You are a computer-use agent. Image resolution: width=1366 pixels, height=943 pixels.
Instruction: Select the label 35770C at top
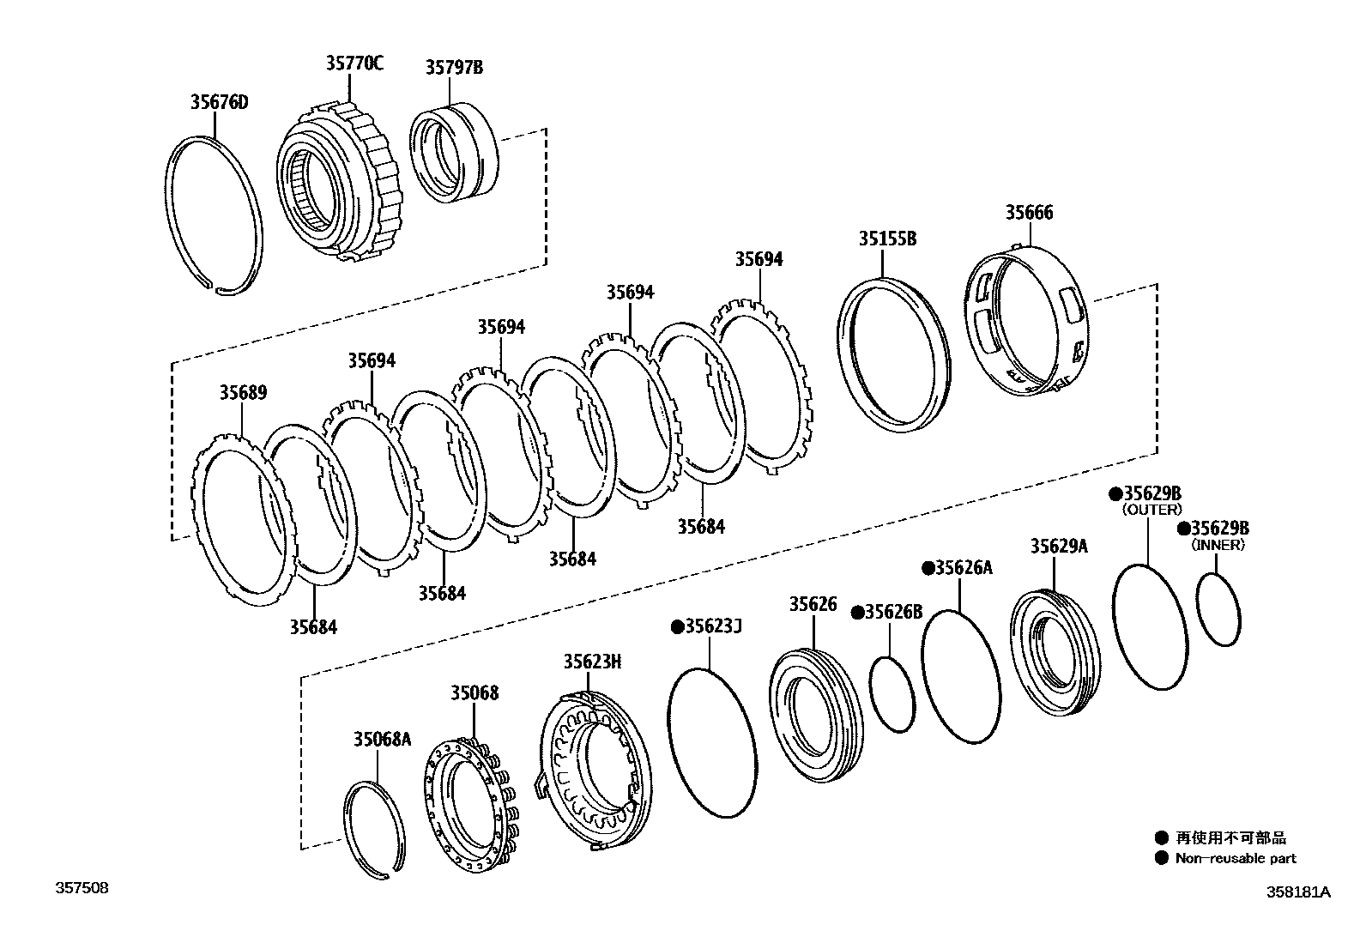click(354, 63)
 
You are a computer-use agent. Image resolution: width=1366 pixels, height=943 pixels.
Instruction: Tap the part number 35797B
click(454, 67)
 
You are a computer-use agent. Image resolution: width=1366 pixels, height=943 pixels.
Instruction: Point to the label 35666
click(1029, 212)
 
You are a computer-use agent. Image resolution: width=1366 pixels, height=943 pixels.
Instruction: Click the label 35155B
click(887, 239)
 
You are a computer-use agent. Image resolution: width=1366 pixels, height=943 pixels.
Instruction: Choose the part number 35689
click(243, 392)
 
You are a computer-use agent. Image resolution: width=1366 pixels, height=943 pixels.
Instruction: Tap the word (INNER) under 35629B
click(1218, 545)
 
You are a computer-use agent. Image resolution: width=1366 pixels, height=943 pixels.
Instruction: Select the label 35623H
click(592, 662)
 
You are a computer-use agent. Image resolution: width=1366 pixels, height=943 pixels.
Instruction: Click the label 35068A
click(382, 739)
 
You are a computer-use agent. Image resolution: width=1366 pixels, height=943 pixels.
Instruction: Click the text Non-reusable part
click(1236, 858)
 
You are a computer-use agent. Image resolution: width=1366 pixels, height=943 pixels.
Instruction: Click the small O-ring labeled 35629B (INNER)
click(1218, 609)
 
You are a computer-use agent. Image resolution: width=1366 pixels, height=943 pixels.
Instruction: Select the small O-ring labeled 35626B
click(890, 695)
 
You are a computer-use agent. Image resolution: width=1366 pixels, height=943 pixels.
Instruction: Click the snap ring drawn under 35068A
click(375, 831)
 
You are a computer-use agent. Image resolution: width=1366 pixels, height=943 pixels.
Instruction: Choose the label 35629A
click(1058, 546)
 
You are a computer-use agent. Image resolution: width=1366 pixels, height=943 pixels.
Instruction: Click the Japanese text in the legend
click(1230, 838)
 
